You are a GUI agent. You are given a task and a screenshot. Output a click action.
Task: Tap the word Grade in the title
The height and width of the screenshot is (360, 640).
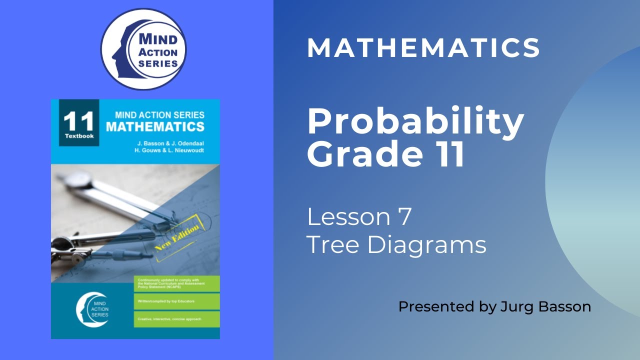[x=369, y=154]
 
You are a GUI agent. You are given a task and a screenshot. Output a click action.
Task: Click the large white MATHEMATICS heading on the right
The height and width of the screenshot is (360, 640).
[x=423, y=48]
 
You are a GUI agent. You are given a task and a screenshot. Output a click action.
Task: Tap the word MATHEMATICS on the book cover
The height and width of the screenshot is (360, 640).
[x=155, y=126]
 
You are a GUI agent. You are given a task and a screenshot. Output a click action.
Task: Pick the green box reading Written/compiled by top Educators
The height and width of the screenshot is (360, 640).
[x=177, y=301]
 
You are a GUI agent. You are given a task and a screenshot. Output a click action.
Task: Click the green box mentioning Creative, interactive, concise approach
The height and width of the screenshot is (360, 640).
[x=177, y=318]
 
